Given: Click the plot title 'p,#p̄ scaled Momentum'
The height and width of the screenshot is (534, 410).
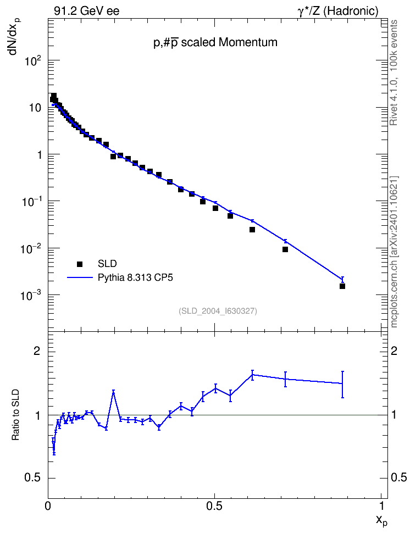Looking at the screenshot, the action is [215, 42].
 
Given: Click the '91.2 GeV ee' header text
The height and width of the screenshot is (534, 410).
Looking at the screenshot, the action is [87, 11].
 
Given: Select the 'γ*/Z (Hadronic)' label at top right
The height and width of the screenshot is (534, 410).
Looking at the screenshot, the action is [338, 11].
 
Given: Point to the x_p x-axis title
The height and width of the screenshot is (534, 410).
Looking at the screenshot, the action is [382, 520].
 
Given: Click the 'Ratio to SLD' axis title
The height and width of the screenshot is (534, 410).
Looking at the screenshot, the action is [15, 414].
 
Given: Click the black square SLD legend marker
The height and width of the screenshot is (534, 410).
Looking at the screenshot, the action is [80, 264].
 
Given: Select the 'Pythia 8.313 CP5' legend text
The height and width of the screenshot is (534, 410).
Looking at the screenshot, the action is [135, 278].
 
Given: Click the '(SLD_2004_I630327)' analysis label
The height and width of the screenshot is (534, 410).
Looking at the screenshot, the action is [218, 311].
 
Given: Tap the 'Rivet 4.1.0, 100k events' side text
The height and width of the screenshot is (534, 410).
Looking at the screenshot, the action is [394, 73].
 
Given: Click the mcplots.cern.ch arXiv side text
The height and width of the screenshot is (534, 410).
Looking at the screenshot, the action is [394, 252].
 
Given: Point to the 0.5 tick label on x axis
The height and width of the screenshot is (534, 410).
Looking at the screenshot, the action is [214, 506].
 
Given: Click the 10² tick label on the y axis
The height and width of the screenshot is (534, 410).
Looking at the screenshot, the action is [34, 62].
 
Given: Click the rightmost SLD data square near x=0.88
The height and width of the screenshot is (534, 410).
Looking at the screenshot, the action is [342, 286].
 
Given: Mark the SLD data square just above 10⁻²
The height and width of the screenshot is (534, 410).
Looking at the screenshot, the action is [285, 249].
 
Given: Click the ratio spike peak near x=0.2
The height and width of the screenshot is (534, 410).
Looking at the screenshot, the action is [113, 392].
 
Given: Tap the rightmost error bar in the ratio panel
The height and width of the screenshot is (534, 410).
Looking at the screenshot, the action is [342, 384].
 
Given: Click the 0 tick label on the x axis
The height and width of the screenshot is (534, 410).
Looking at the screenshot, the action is [48, 506].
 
